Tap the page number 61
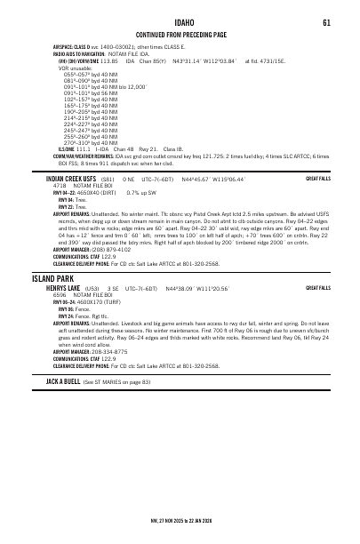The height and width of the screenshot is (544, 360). pos(326,21)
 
